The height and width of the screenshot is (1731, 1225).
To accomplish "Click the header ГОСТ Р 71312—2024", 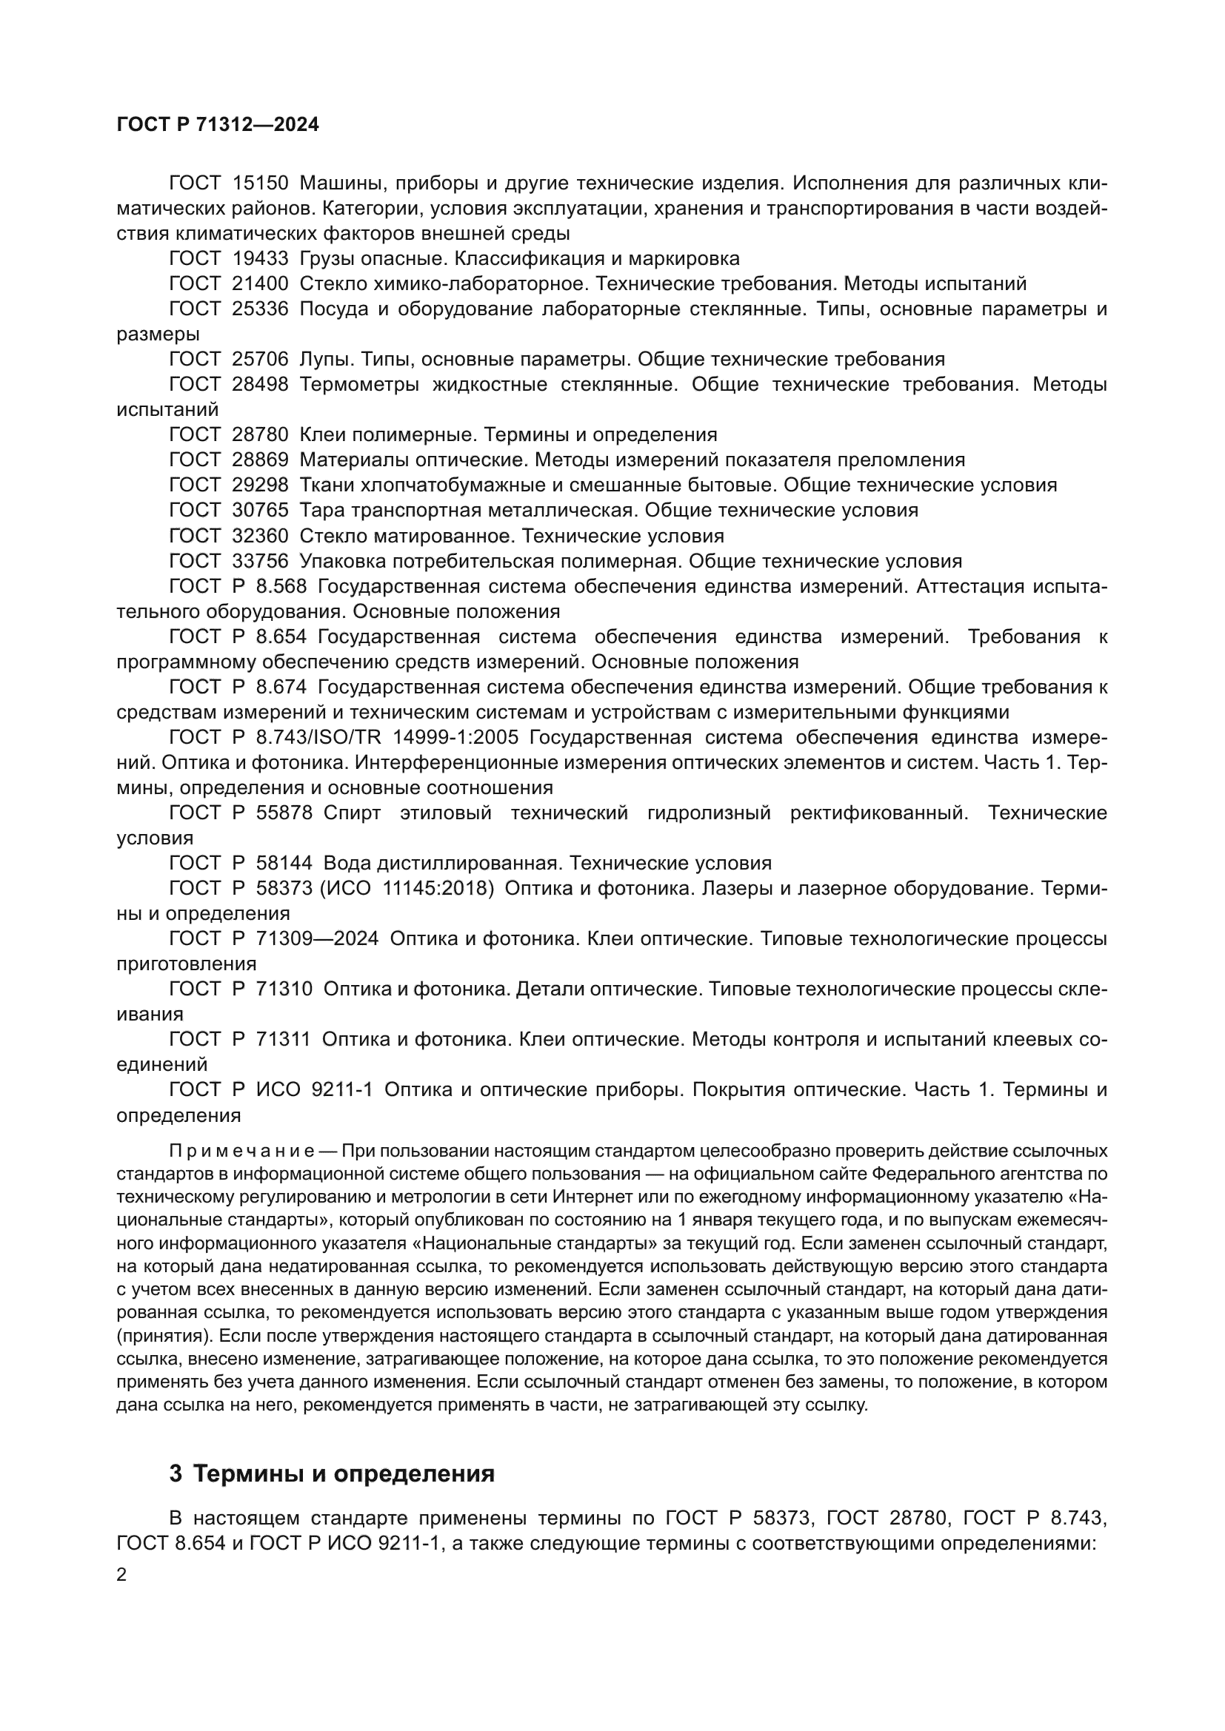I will (217, 125).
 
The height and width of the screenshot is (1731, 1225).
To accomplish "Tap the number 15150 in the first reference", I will (259, 184).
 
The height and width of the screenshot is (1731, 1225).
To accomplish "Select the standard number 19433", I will (259, 258).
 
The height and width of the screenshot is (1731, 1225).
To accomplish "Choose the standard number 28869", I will (259, 460).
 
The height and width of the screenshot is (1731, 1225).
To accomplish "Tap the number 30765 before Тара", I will (259, 511).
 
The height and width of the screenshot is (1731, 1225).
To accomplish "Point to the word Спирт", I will (352, 813).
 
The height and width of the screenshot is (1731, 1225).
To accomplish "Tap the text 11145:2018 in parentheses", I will (438, 888).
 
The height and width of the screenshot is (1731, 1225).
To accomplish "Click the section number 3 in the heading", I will (176, 1473).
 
